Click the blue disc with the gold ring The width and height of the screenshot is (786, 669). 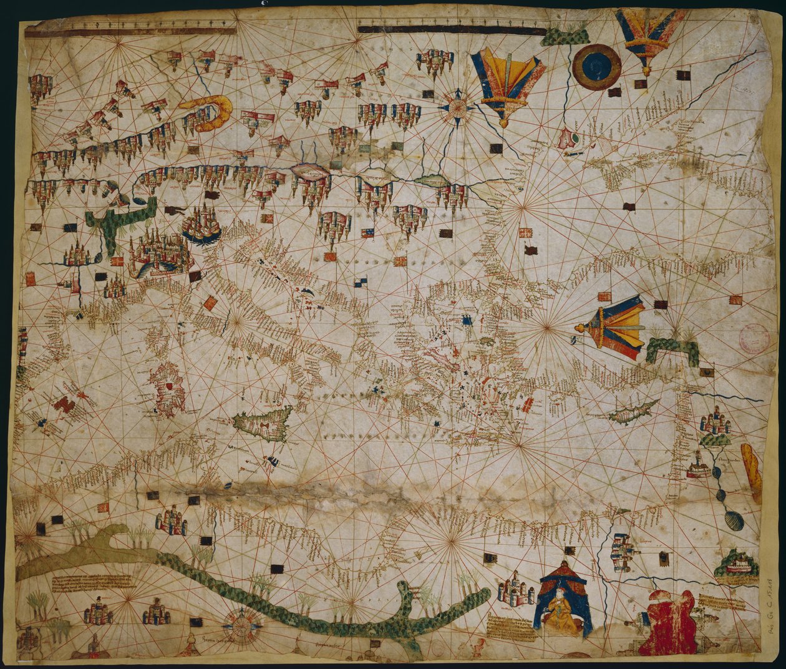tap(596, 67)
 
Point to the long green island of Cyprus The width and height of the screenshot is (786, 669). tap(633, 412)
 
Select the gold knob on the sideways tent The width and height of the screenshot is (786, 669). tap(578, 328)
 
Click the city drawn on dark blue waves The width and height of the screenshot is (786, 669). tap(201, 225)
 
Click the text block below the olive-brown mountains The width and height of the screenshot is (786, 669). tap(94, 584)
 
